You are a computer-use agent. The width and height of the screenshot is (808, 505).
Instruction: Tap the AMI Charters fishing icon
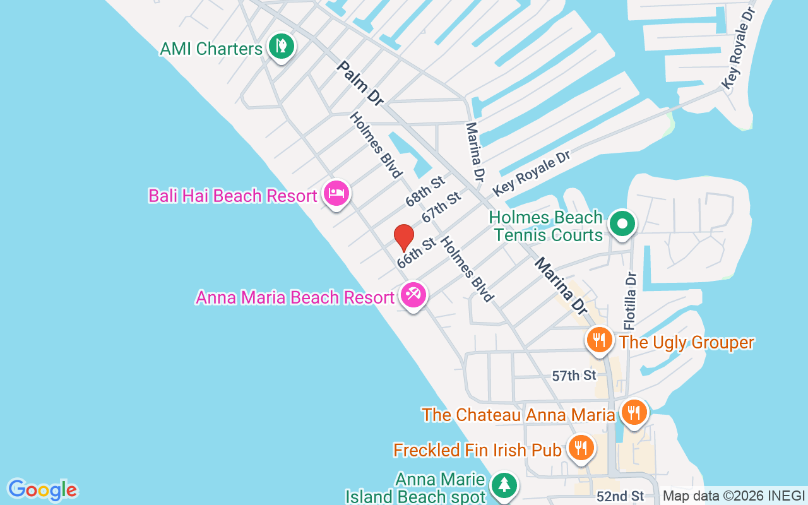tap(281, 46)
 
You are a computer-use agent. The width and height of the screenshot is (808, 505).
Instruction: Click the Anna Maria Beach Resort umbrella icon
tap(413, 295)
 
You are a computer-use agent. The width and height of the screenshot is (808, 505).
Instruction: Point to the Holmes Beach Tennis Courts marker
tap(622, 223)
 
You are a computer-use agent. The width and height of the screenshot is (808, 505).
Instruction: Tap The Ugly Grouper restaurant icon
tap(599, 340)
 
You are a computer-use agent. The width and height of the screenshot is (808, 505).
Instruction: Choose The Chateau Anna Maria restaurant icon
tap(634, 412)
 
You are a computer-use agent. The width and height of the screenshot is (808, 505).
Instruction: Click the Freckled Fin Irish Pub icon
tap(580, 448)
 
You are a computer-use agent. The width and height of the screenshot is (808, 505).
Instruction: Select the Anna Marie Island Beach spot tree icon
tap(504, 485)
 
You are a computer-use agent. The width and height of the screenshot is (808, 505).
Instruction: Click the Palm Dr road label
tap(360, 83)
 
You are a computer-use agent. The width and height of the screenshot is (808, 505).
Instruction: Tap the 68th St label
tap(425, 192)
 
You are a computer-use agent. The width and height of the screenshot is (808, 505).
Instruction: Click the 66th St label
tap(417, 252)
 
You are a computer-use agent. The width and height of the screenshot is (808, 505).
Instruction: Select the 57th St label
tap(574, 376)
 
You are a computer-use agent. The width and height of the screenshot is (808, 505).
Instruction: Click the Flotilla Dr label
tap(630, 300)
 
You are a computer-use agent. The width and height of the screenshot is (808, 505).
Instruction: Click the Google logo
tap(42, 490)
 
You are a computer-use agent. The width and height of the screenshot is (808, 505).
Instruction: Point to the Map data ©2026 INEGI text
tap(734, 496)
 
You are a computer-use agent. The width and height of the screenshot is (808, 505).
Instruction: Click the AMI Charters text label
tap(211, 49)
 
